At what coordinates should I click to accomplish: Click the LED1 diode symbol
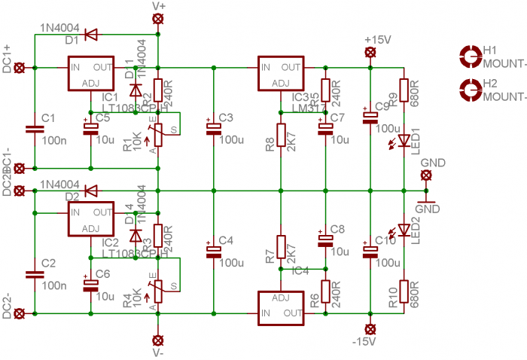click(x=404, y=139)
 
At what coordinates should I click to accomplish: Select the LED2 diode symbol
click(x=404, y=229)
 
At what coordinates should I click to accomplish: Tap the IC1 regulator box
click(x=90, y=74)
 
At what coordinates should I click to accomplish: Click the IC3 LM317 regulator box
click(x=280, y=74)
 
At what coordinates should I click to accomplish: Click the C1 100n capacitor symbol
click(x=32, y=129)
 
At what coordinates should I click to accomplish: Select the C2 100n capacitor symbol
click(x=32, y=273)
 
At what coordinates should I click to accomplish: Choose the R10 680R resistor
click(x=404, y=291)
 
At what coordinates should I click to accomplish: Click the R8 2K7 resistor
click(x=280, y=136)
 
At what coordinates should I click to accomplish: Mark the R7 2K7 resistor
click(x=280, y=247)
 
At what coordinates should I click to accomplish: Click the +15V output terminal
click(x=370, y=52)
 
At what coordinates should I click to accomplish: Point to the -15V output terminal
click(x=370, y=328)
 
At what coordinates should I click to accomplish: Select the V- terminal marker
click(x=157, y=339)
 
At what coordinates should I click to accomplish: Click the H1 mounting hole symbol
click(x=471, y=55)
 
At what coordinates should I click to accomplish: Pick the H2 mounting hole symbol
click(x=471, y=90)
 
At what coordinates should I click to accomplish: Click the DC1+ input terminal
click(x=20, y=68)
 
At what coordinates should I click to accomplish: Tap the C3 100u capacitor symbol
click(x=214, y=129)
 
